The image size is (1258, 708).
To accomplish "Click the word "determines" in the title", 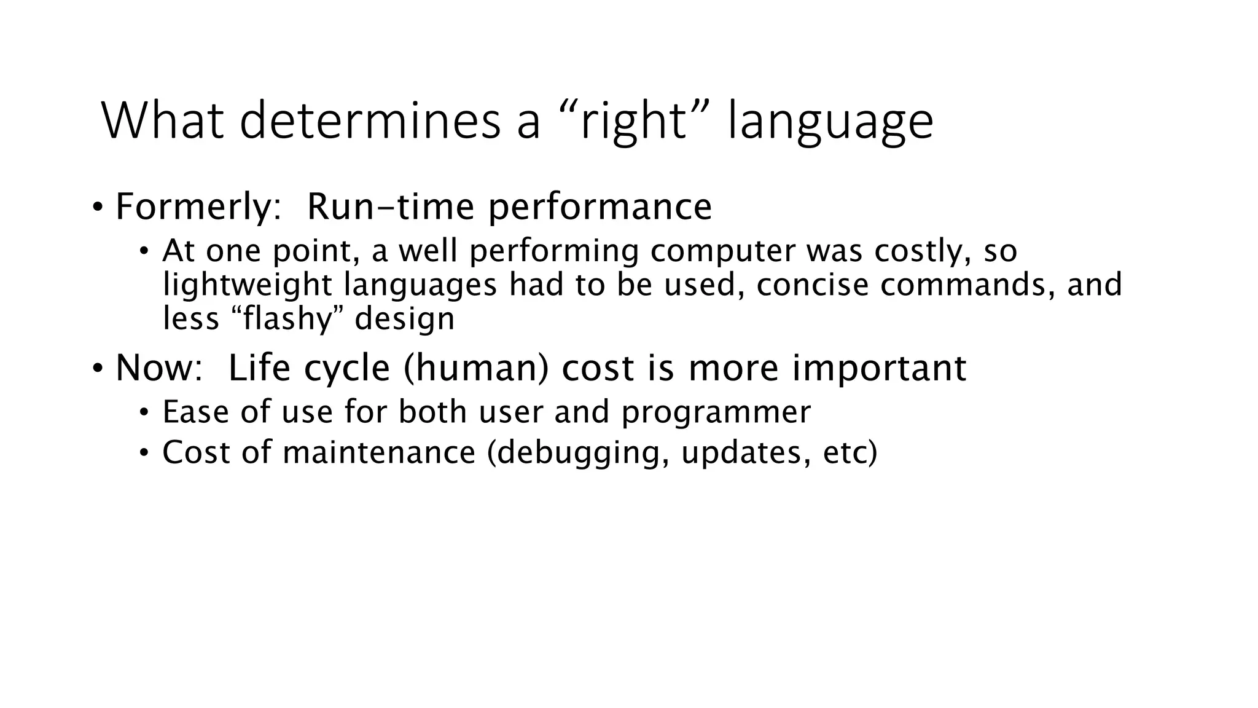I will [x=369, y=120].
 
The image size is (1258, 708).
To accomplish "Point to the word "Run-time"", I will [x=390, y=206].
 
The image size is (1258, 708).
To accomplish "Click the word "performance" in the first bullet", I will [x=600, y=208].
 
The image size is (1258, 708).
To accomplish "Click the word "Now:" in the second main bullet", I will [x=158, y=368].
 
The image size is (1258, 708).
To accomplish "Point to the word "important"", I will [x=878, y=369].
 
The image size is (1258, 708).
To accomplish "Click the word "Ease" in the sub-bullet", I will [x=196, y=412].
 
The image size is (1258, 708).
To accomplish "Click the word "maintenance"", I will [x=379, y=453].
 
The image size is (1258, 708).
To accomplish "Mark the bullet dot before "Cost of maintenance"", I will [x=144, y=453].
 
